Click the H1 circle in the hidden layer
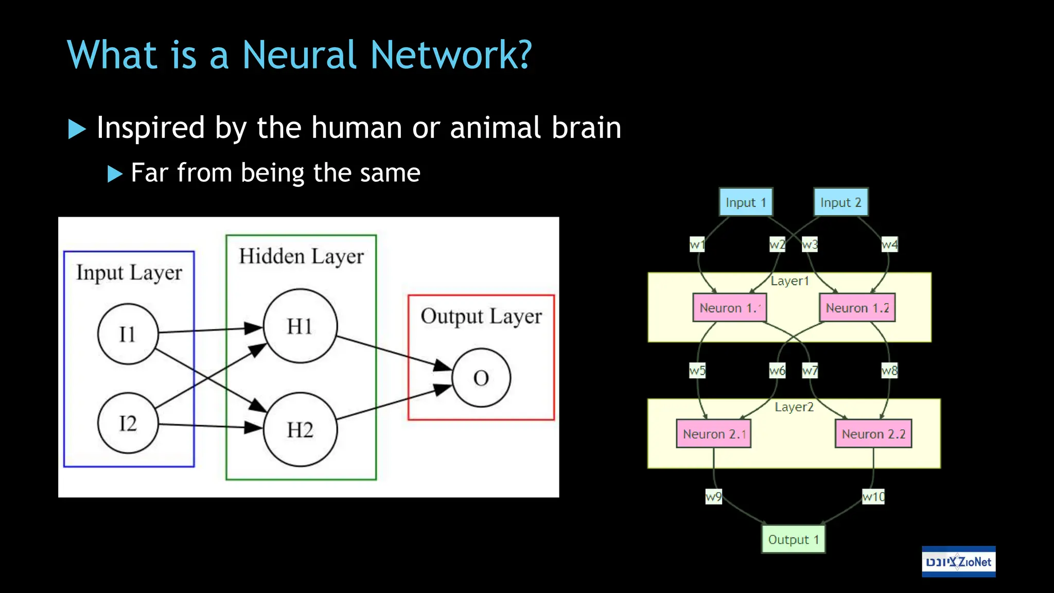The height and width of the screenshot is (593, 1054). pyautogui.click(x=300, y=326)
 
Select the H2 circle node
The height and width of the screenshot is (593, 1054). pyautogui.click(x=300, y=429)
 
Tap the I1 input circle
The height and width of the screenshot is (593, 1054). pyautogui.click(x=128, y=334)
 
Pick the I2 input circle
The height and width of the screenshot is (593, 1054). pyautogui.click(x=128, y=423)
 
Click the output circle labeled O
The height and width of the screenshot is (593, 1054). pyautogui.click(x=481, y=378)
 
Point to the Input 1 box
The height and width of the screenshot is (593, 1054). pyautogui.click(x=746, y=202)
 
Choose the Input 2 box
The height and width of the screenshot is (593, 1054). pyautogui.click(x=840, y=202)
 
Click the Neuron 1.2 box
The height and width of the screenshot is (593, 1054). pyautogui.click(x=857, y=308)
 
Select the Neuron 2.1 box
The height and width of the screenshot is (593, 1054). pyautogui.click(x=714, y=434)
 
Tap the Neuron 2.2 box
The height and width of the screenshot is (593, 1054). pyautogui.click(x=873, y=434)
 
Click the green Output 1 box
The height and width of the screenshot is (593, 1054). pyautogui.click(x=793, y=539)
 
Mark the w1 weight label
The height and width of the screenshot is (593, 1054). pyautogui.click(x=697, y=245)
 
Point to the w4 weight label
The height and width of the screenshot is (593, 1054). pyautogui.click(x=889, y=245)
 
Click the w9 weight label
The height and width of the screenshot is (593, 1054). pyautogui.click(x=713, y=497)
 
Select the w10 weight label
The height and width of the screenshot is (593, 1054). pyautogui.click(x=873, y=497)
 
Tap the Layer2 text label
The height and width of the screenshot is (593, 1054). pyautogui.click(x=794, y=407)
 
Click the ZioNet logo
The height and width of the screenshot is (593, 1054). pyautogui.click(x=958, y=562)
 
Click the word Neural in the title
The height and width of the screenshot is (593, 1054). pyautogui.click(x=298, y=55)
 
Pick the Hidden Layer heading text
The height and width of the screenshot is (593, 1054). pyautogui.click(x=301, y=256)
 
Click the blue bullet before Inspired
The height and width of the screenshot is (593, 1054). pyautogui.click(x=77, y=129)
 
